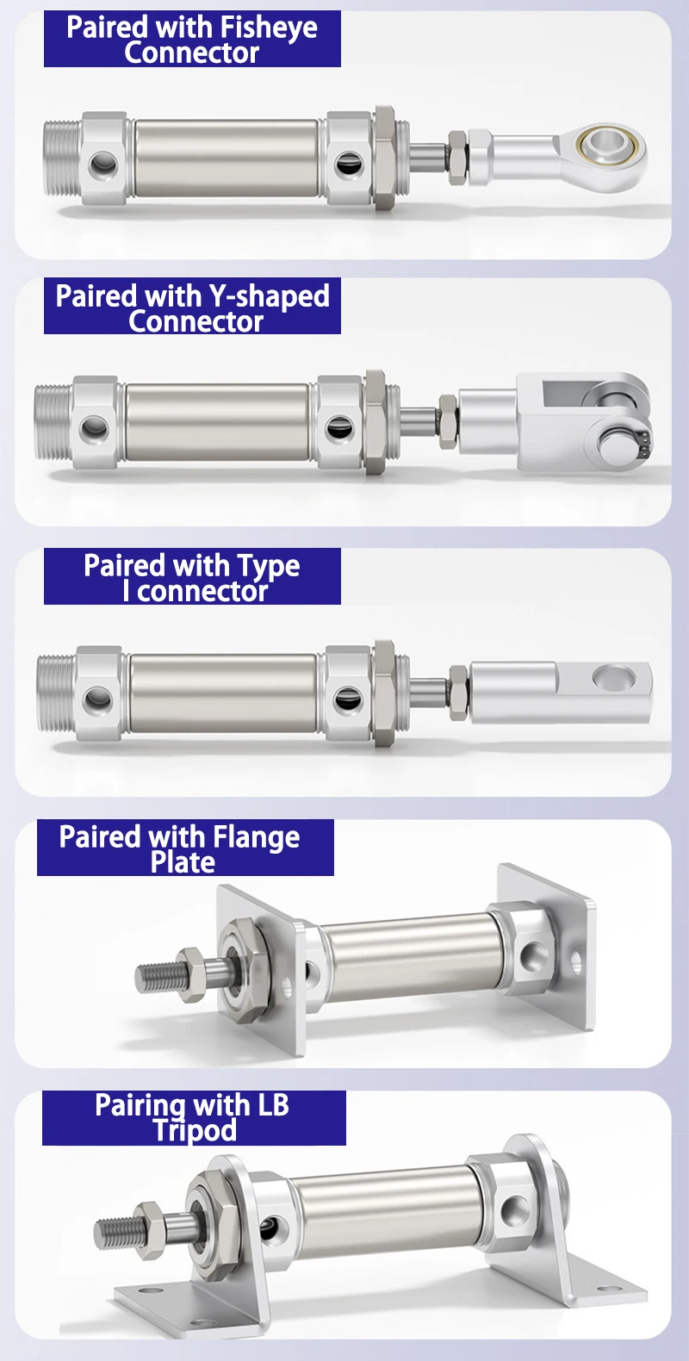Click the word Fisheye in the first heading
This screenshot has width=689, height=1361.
269,28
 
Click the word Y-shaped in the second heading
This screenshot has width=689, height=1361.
270,296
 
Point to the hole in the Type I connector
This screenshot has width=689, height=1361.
614,676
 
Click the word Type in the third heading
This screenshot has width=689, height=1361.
269,566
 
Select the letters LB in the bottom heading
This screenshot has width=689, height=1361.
273,1105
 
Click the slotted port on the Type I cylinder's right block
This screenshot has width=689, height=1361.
348,699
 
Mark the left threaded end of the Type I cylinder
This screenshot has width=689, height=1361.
57,693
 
